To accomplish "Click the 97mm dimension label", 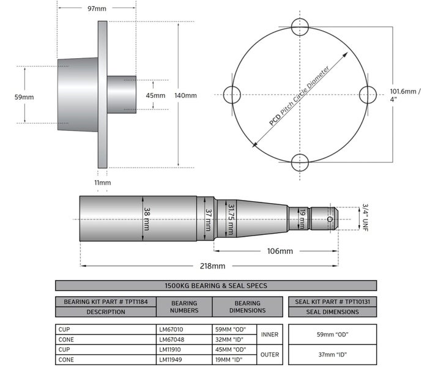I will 97,9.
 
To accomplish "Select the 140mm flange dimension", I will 186,95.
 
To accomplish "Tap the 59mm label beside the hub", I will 24,97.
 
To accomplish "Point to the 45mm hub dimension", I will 155,95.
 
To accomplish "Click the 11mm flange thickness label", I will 103,182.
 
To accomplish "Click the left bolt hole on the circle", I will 232,95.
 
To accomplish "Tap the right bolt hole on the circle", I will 368,95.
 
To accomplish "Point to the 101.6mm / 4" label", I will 405,95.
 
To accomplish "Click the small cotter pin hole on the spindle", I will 330,218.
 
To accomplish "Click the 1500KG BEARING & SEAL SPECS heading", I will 215,285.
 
